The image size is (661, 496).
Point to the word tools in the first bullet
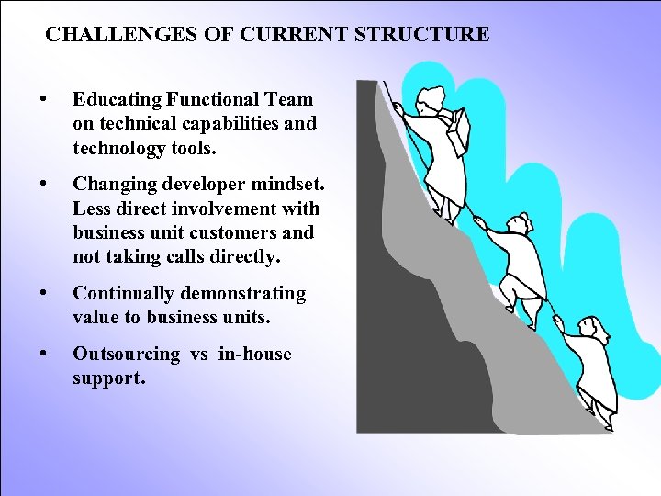tap(192, 147)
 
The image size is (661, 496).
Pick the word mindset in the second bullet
tap(280, 186)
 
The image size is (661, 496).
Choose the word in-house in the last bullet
tap(255, 355)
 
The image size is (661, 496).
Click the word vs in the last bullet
tap(199, 355)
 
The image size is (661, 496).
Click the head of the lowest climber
tap(588, 328)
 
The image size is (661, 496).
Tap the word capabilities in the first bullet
tap(214, 123)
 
